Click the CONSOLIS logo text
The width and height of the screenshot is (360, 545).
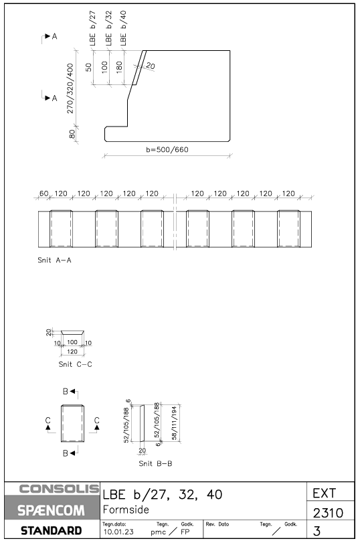pos(59,489)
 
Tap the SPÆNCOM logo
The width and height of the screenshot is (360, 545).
pos(51,511)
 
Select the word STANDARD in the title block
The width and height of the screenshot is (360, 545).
pos(51,531)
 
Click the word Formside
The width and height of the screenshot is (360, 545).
pos(126,510)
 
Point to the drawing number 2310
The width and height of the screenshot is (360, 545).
pos(328,513)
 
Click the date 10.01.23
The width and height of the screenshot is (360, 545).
pos(118,532)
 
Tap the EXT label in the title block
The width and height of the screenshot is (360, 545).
pos(325,493)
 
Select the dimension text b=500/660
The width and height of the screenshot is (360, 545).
pos(167,150)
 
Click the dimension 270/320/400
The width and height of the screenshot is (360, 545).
pos(70,88)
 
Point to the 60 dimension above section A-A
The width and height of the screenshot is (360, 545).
pos(43,193)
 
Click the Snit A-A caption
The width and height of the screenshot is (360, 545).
pos(55,260)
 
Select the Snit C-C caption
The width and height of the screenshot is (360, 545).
pos(76,364)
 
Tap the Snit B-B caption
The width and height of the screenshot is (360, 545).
pos(155,463)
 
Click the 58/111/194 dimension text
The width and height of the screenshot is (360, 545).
pos(174,423)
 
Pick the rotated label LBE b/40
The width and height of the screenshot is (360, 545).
pos(123,28)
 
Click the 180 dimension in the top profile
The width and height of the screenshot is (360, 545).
pos(119,67)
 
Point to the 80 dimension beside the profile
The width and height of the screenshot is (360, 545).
pos(72,134)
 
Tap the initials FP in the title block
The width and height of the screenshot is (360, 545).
pos(185,532)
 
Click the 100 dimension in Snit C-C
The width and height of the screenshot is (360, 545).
pos(72,342)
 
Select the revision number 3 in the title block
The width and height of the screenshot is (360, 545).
pos(317,531)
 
